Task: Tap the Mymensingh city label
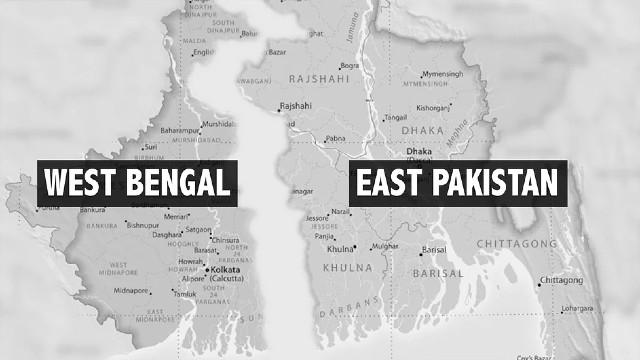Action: tap(442, 75)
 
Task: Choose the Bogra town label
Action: tap(350, 66)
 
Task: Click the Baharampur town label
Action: tap(182, 131)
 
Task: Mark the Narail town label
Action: tap(342, 212)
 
